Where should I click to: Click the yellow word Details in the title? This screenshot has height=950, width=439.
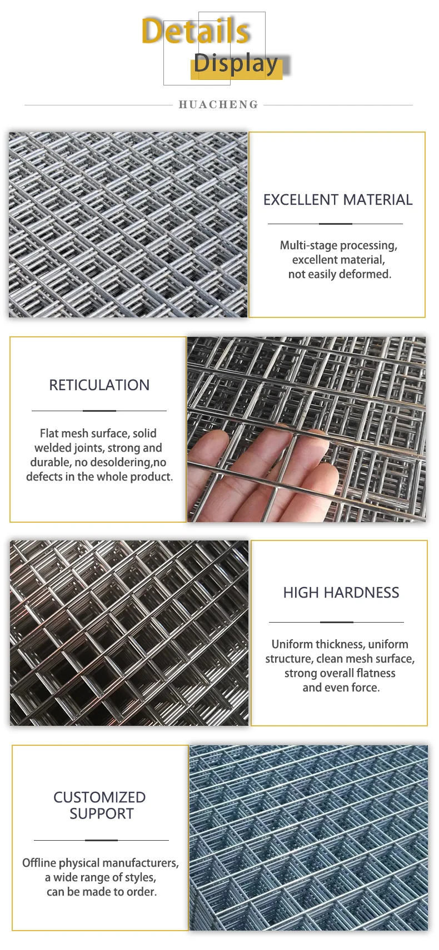(x=196, y=32)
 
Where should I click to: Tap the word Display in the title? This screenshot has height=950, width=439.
(x=236, y=64)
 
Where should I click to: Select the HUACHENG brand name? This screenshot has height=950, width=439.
(x=218, y=105)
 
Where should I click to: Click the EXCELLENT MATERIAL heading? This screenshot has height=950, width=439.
(x=338, y=200)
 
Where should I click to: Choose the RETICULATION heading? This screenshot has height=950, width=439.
(x=99, y=385)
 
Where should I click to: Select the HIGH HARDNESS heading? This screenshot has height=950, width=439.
(x=341, y=593)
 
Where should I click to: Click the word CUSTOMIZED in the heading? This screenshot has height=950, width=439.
(x=99, y=797)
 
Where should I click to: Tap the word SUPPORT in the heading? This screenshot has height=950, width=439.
(x=102, y=814)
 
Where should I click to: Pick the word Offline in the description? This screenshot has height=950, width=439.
(x=39, y=863)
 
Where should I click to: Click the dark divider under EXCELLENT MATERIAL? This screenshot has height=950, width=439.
(x=336, y=224)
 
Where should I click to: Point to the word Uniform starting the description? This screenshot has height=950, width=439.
(x=292, y=644)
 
